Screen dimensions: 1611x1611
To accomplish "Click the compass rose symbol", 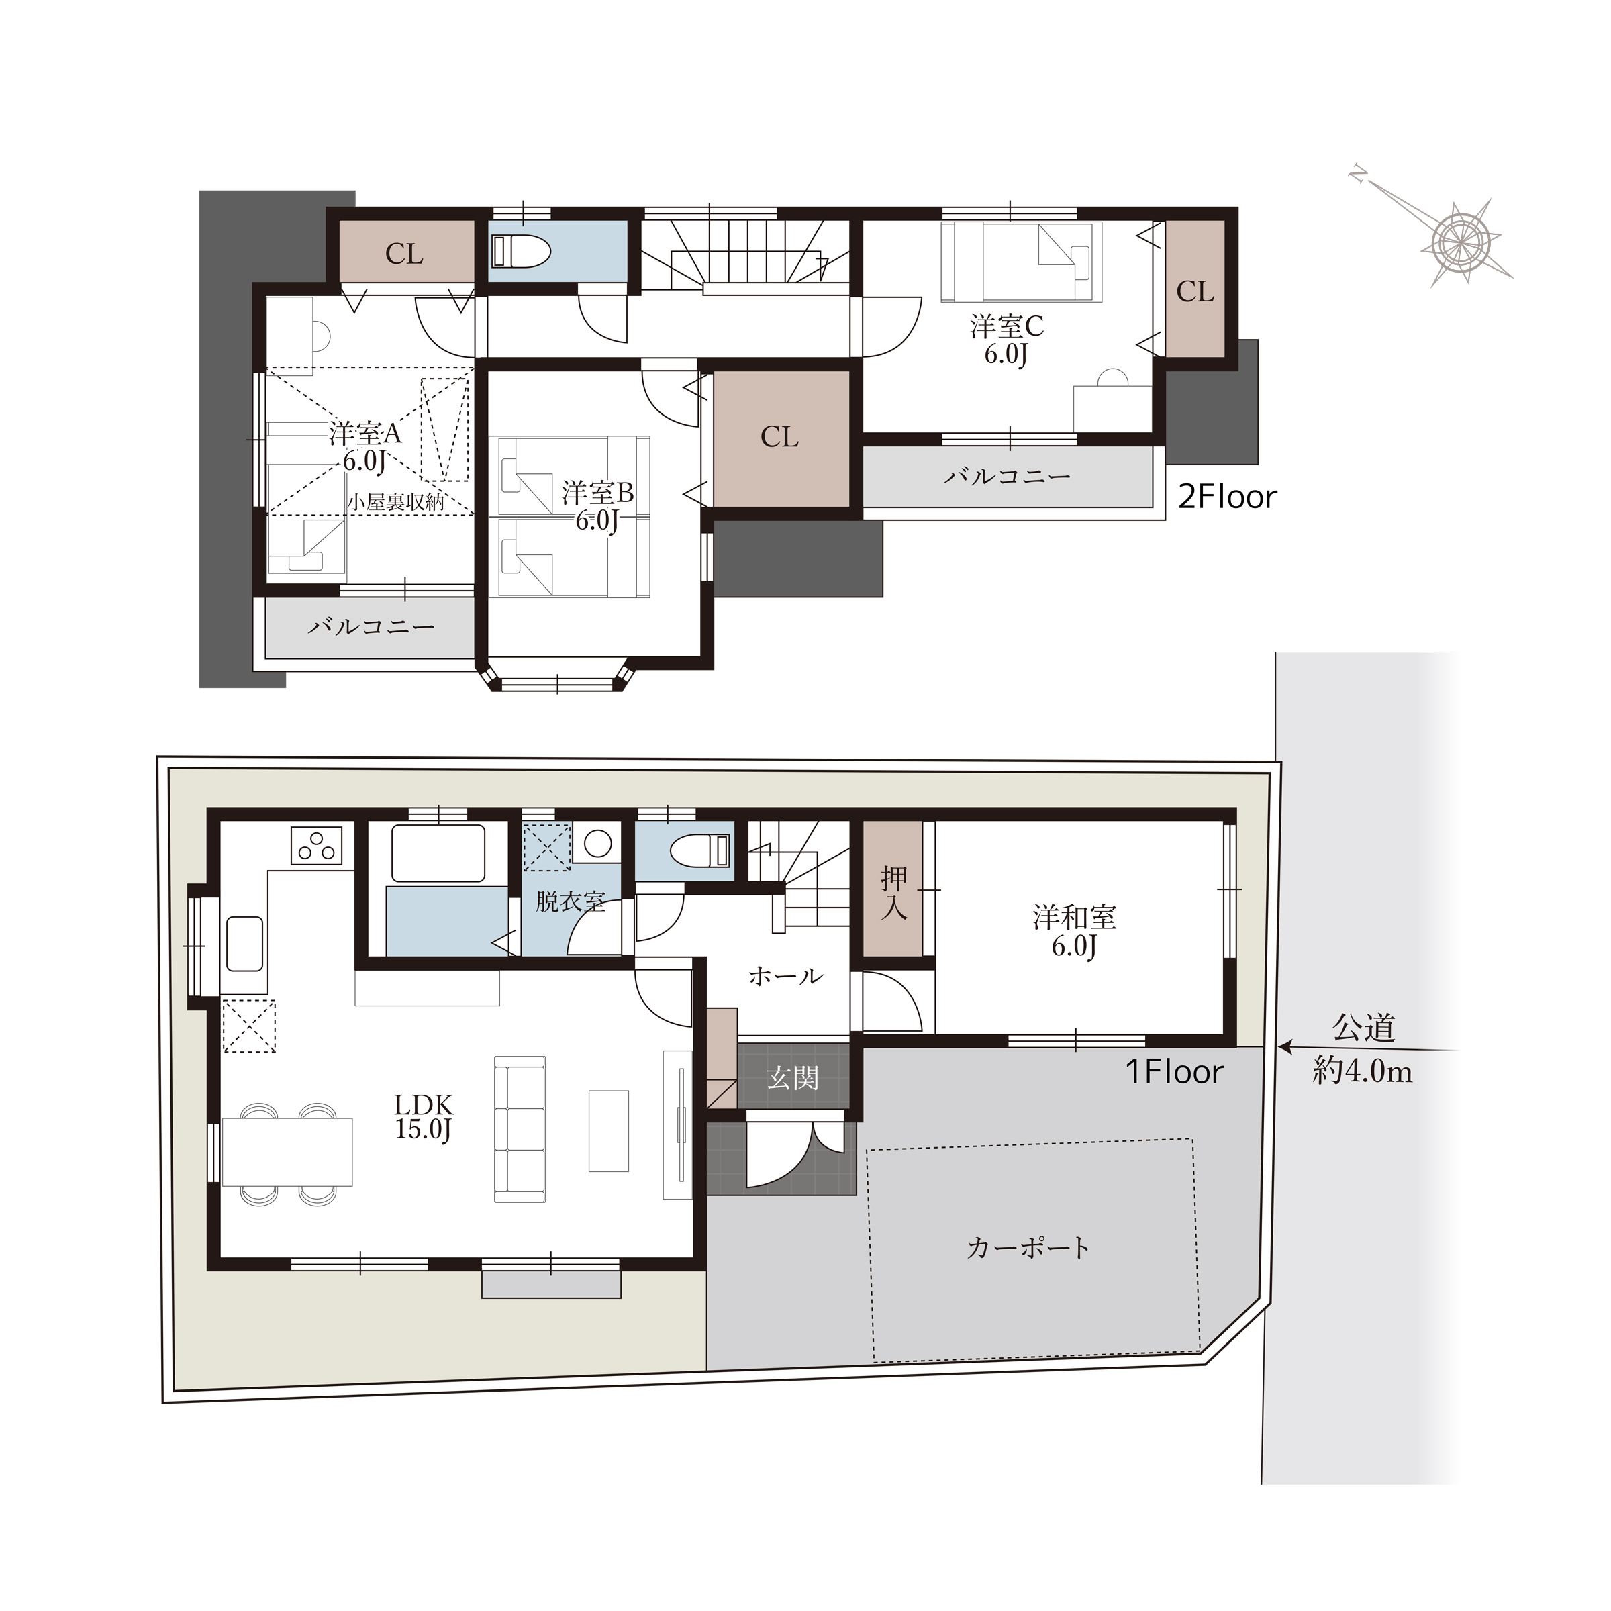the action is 1461,240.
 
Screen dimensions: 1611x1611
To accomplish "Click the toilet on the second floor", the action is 521,251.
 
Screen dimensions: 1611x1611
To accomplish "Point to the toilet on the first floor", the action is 700,851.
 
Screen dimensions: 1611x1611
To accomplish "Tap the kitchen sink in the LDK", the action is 244,944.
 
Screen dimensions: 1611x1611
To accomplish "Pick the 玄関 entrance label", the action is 792,1078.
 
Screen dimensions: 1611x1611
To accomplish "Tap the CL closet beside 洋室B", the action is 779,437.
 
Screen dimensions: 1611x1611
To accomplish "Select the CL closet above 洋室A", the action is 404,254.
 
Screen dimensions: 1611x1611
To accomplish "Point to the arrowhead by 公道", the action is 1285,1046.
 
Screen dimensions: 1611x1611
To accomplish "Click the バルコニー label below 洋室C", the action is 1008,476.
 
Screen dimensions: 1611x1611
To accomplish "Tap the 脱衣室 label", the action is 571,901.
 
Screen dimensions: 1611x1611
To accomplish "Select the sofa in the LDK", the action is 520,1129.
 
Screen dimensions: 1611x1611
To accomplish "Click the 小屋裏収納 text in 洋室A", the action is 396,502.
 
